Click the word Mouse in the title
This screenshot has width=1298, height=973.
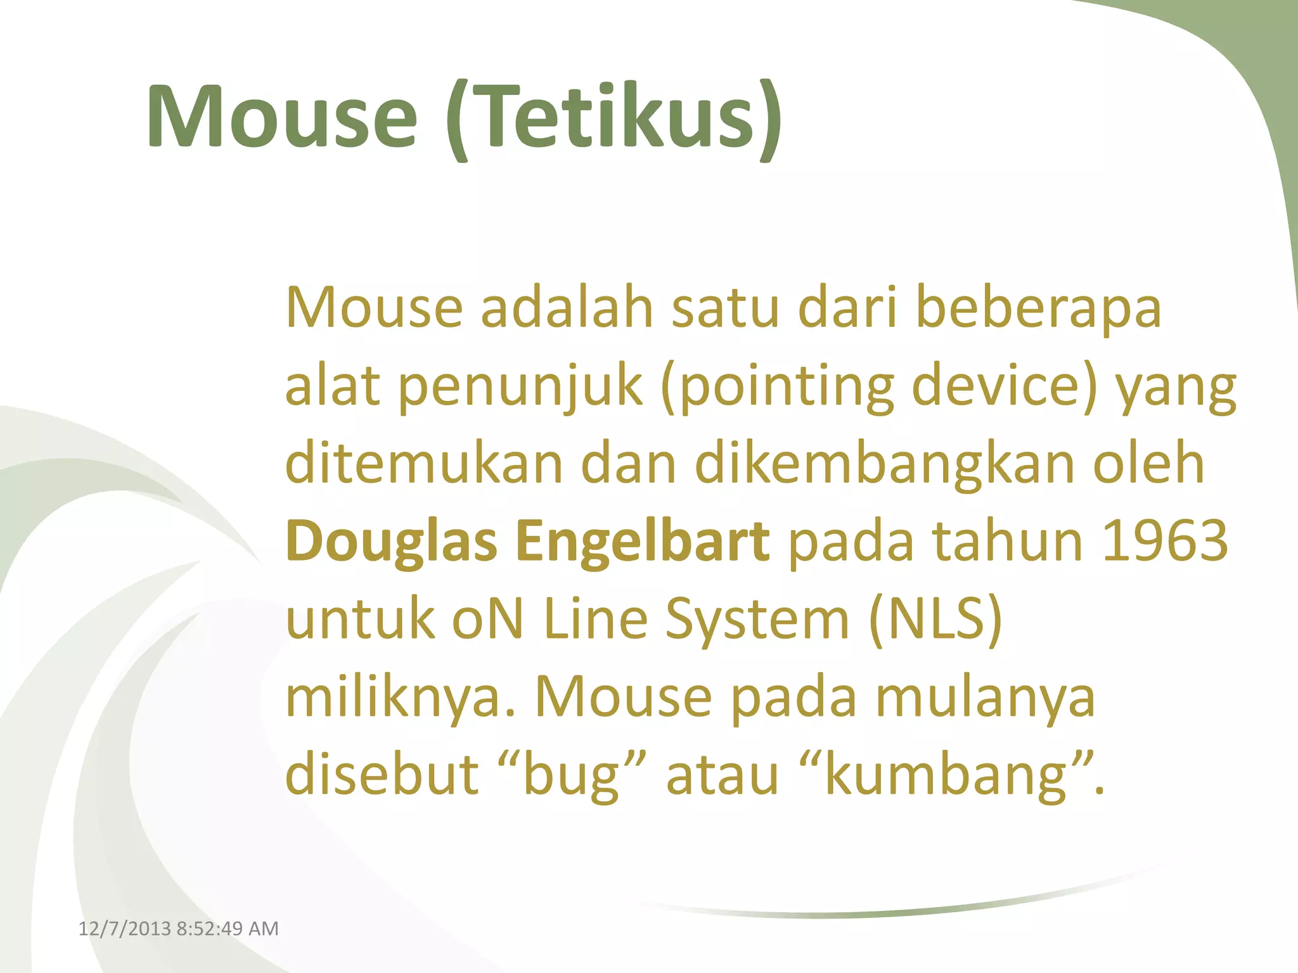tap(282, 118)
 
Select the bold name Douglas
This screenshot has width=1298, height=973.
tap(391, 542)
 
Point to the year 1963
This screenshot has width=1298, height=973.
tap(1165, 542)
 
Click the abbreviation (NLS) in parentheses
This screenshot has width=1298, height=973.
tap(935, 620)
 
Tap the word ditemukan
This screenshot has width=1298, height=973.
tap(424, 464)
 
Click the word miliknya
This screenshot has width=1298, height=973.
tap(401, 697)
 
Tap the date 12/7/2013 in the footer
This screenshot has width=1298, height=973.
tap(124, 929)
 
